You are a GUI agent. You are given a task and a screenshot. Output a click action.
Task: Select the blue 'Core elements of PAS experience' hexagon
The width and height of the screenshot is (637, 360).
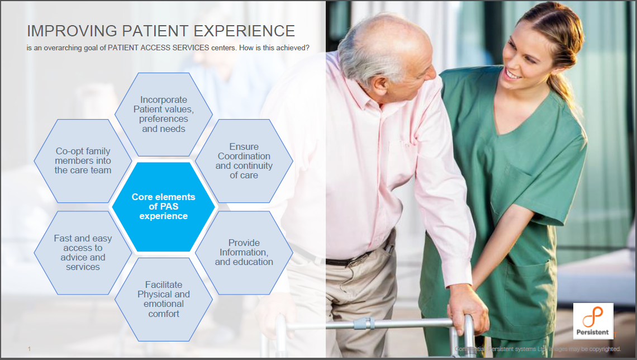[163, 206]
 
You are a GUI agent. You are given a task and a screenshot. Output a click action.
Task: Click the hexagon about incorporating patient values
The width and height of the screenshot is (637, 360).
[163, 114]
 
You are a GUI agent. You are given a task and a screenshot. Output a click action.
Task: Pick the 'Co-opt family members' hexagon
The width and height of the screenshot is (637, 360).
[83, 160]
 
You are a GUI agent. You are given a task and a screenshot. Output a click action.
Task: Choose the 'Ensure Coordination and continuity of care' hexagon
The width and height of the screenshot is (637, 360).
[244, 161]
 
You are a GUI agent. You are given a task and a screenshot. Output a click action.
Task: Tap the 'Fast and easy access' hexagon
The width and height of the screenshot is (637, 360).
[83, 253]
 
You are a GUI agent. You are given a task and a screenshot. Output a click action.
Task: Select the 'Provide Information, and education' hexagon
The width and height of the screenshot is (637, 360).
[244, 252]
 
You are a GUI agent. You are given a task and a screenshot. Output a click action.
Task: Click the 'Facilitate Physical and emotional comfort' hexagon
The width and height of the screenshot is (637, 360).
[163, 299]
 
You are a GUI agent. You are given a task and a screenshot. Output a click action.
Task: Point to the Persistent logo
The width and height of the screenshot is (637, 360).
[593, 321]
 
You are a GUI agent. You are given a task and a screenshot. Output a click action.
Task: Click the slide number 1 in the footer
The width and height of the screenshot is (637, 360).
[29, 349]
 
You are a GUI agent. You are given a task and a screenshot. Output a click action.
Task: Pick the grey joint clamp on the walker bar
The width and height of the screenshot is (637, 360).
[363, 323]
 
